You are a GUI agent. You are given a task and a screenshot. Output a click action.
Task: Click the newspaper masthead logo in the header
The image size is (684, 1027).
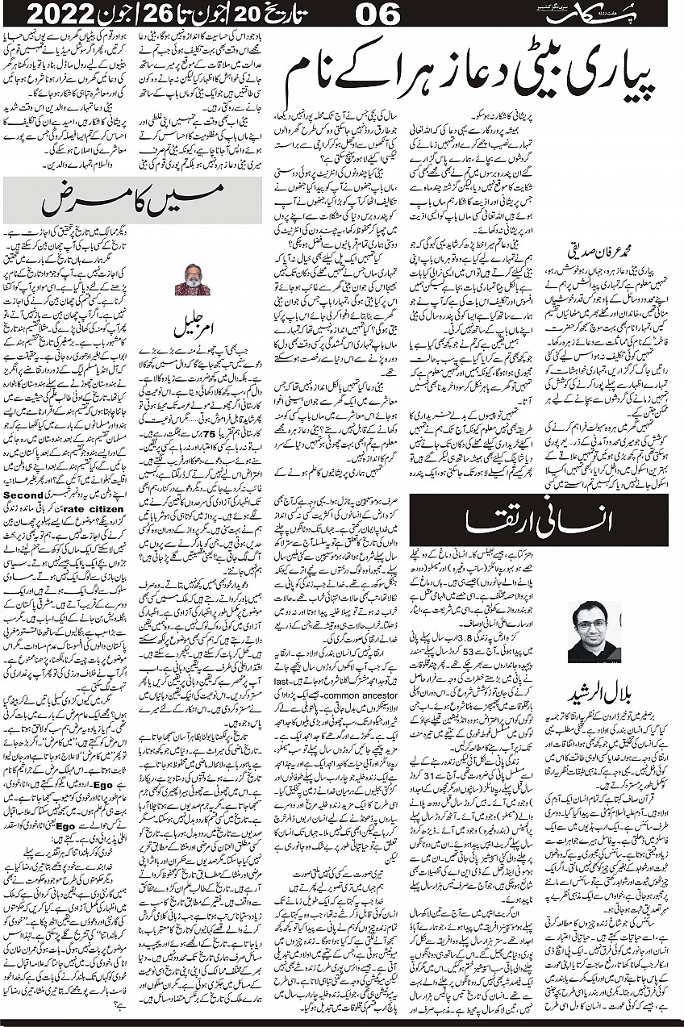coord(613,13)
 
